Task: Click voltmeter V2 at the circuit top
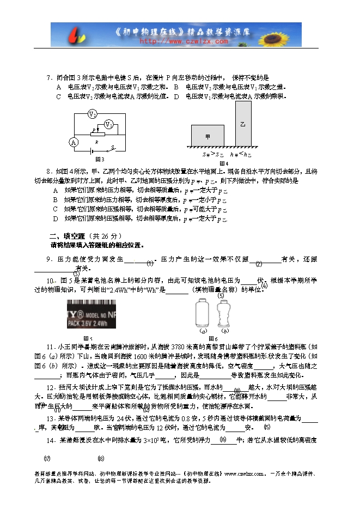tap(93, 114)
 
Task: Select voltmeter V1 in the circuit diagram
tap(109, 125)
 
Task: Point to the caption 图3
tap(100, 160)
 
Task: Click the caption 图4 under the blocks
tap(223, 163)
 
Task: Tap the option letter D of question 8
tap(56, 218)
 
